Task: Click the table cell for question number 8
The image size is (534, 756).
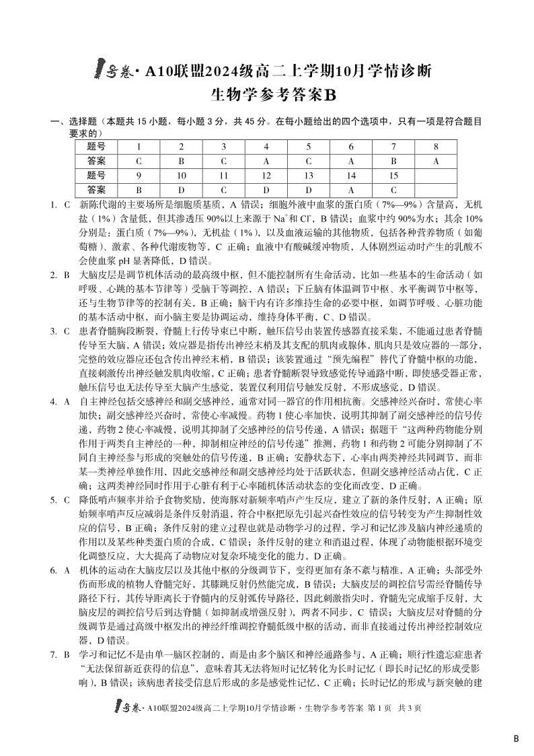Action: pos(436,146)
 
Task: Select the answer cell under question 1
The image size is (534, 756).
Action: pos(139,161)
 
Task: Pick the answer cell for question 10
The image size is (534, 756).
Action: pos(181,190)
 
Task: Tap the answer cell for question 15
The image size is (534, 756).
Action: pos(393,190)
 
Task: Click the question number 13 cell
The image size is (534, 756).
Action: pos(309,176)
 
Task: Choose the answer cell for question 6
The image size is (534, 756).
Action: pos(351,161)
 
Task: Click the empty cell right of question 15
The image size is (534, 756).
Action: pos(436,176)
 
